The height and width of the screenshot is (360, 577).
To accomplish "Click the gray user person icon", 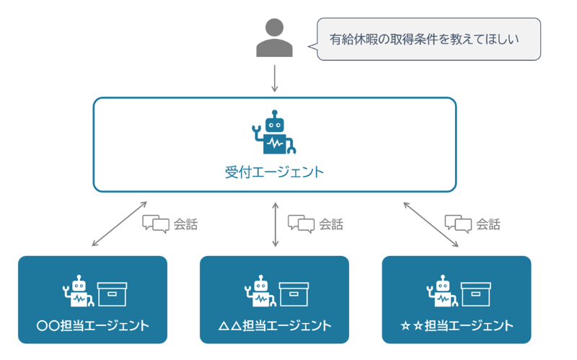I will click(274, 38).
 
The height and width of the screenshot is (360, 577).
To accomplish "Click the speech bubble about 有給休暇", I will click(428, 40).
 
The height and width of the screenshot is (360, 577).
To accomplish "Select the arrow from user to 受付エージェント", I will click(274, 78).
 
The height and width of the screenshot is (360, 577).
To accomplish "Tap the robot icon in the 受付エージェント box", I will click(274, 133).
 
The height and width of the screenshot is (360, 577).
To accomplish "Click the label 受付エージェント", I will click(274, 173).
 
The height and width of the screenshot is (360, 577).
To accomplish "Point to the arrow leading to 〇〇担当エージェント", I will click(120, 224).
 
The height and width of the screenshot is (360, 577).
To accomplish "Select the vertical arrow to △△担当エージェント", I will click(274, 224).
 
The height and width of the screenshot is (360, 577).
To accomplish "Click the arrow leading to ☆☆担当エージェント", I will click(431, 224).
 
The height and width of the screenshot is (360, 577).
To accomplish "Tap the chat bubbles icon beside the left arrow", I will click(156, 224).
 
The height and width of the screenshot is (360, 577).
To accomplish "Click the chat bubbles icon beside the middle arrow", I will click(301, 224).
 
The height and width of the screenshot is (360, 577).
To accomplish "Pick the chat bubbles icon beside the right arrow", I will click(458, 224).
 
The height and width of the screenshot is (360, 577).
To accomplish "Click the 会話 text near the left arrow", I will click(185, 224).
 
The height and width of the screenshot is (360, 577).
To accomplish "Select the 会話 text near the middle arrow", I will click(331, 224).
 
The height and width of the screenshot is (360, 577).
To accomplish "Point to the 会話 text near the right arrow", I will click(488, 224).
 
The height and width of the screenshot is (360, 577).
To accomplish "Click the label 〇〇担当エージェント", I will click(92, 325).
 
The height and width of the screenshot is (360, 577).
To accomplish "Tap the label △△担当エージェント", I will click(274, 325).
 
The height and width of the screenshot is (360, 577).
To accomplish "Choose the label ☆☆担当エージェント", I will click(457, 325).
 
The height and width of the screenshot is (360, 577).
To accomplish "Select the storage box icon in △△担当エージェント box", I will click(294, 294).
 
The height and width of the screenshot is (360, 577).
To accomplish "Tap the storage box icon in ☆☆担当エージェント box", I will click(475, 294).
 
